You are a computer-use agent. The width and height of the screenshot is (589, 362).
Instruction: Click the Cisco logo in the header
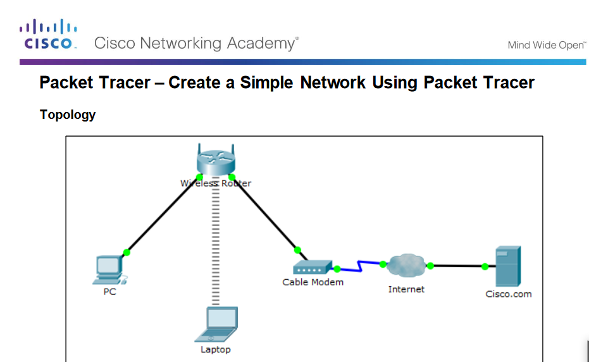(49, 35)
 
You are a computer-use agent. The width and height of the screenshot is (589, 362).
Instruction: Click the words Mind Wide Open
(547, 45)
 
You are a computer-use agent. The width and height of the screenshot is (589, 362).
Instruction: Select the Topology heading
(68, 115)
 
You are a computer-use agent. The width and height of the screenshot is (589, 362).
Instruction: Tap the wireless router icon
(216, 159)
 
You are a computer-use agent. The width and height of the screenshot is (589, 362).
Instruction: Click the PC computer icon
(108, 270)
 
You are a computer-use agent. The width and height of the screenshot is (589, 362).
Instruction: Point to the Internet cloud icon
(406, 265)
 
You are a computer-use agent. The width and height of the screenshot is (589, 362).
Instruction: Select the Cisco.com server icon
(508, 266)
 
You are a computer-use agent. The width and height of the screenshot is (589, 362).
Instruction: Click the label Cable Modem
(313, 282)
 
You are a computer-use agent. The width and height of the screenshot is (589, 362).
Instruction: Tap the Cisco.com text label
(508, 294)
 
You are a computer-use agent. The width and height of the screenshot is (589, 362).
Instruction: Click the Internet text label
(406, 289)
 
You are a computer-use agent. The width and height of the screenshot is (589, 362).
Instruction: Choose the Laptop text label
(216, 349)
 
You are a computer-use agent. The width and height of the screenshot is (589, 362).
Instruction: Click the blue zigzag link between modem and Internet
(360, 266)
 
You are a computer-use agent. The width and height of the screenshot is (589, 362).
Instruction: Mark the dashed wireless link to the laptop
(216, 247)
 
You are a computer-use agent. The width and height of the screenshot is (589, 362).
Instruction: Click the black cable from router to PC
(162, 215)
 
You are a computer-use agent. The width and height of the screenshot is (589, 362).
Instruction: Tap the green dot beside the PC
(127, 253)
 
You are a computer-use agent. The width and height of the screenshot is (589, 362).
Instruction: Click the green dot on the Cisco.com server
(485, 266)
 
